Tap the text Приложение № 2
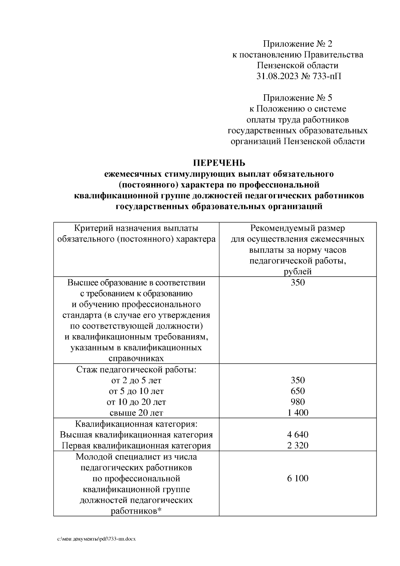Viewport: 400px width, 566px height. [298, 44]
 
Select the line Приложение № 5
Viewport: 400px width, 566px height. [298, 98]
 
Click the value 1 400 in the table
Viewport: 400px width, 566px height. [298, 413]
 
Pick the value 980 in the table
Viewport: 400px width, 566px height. [298, 402]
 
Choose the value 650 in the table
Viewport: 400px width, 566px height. [298, 391]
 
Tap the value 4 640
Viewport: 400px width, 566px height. [298, 435]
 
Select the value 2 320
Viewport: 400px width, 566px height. [298, 445]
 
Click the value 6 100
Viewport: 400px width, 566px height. [298, 478]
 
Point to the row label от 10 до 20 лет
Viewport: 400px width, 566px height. [136, 402]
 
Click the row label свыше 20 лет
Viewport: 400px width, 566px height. [136, 413]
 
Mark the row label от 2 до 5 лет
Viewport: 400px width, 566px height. [136, 380]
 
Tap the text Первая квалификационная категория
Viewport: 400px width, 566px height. [136, 446]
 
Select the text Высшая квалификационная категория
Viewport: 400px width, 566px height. [136, 435]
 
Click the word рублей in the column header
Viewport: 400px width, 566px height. [298, 272]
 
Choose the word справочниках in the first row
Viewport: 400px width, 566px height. [136, 358]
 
